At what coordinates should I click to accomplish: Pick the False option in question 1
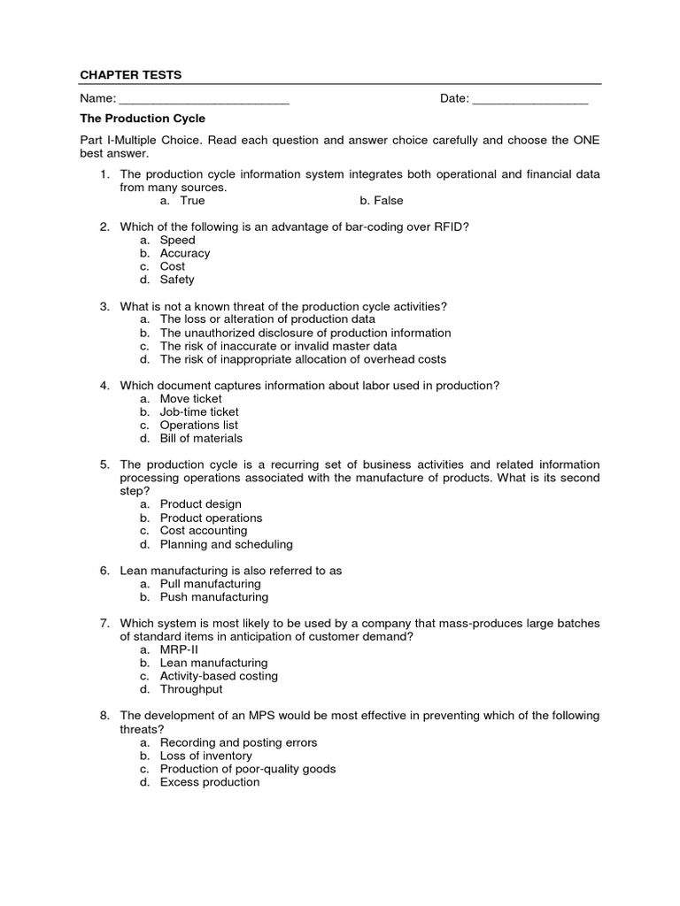click(x=388, y=201)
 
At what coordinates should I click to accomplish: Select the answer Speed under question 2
click(x=177, y=240)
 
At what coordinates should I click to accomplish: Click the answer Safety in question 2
click(x=177, y=280)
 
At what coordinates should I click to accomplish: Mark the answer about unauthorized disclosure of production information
click(x=305, y=333)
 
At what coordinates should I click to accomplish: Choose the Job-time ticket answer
click(x=199, y=411)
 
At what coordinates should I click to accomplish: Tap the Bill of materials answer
click(x=201, y=438)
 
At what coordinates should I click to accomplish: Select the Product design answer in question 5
click(x=200, y=504)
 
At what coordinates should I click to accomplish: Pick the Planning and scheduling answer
click(x=226, y=544)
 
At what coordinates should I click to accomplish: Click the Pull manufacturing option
click(x=210, y=584)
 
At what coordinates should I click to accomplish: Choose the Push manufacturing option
click(x=213, y=597)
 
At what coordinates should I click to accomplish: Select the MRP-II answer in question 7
click(x=179, y=649)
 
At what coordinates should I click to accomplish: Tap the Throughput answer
click(x=191, y=689)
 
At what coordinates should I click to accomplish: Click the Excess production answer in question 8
click(x=210, y=782)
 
